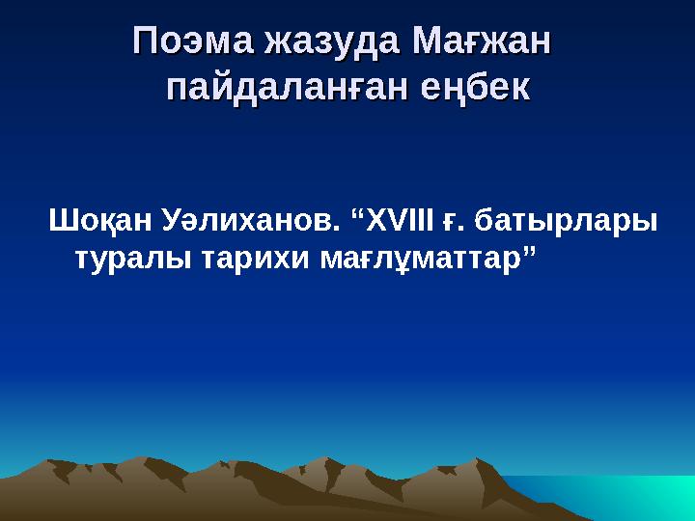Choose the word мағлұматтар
click(x=416, y=257)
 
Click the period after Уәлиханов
click(x=339, y=228)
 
